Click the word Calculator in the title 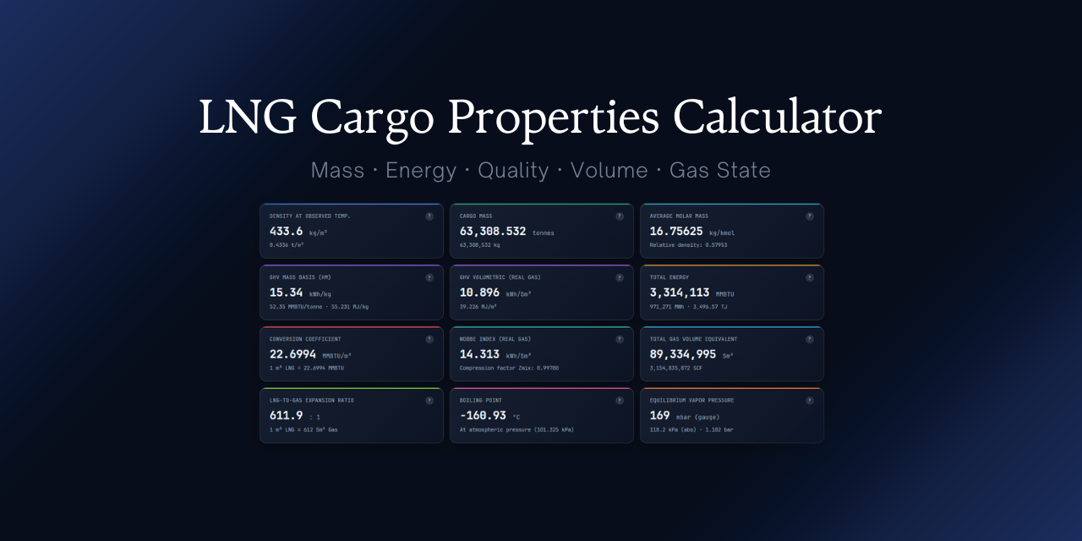pyautogui.click(x=777, y=117)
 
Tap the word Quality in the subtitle pyautogui.click(x=513, y=170)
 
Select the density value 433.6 pyautogui.click(x=286, y=231)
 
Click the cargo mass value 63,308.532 pyautogui.click(x=493, y=231)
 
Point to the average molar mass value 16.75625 pyautogui.click(x=676, y=231)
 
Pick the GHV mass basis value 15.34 pyautogui.click(x=286, y=292)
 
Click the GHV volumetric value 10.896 pyautogui.click(x=479, y=292)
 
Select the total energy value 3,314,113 pyautogui.click(x=680, y=292)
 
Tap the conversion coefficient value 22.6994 pyautogui.click(x=292, y=354)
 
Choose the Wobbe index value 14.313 pyautogui.click(x=479, y=354)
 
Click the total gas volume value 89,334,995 pyautogui.click(x=683, y=354)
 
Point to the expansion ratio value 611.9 pyautogui.click(x=286, y=415)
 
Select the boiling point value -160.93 pyautogui.click(x=483, y=415)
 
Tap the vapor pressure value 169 pyautogui.click(x=659, y=415)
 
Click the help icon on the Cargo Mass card pyautogui.click(x=620, y=216)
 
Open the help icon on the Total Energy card pyautogui.click(x=810, y=277)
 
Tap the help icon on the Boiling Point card pyautogui.click(x=620, y=401)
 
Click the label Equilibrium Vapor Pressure pyautogui.click(x=691, y=401)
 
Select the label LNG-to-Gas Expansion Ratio pyautogui.click(x=312, y=401)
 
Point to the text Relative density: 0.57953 pyautogui.click(x=688, y=245)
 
